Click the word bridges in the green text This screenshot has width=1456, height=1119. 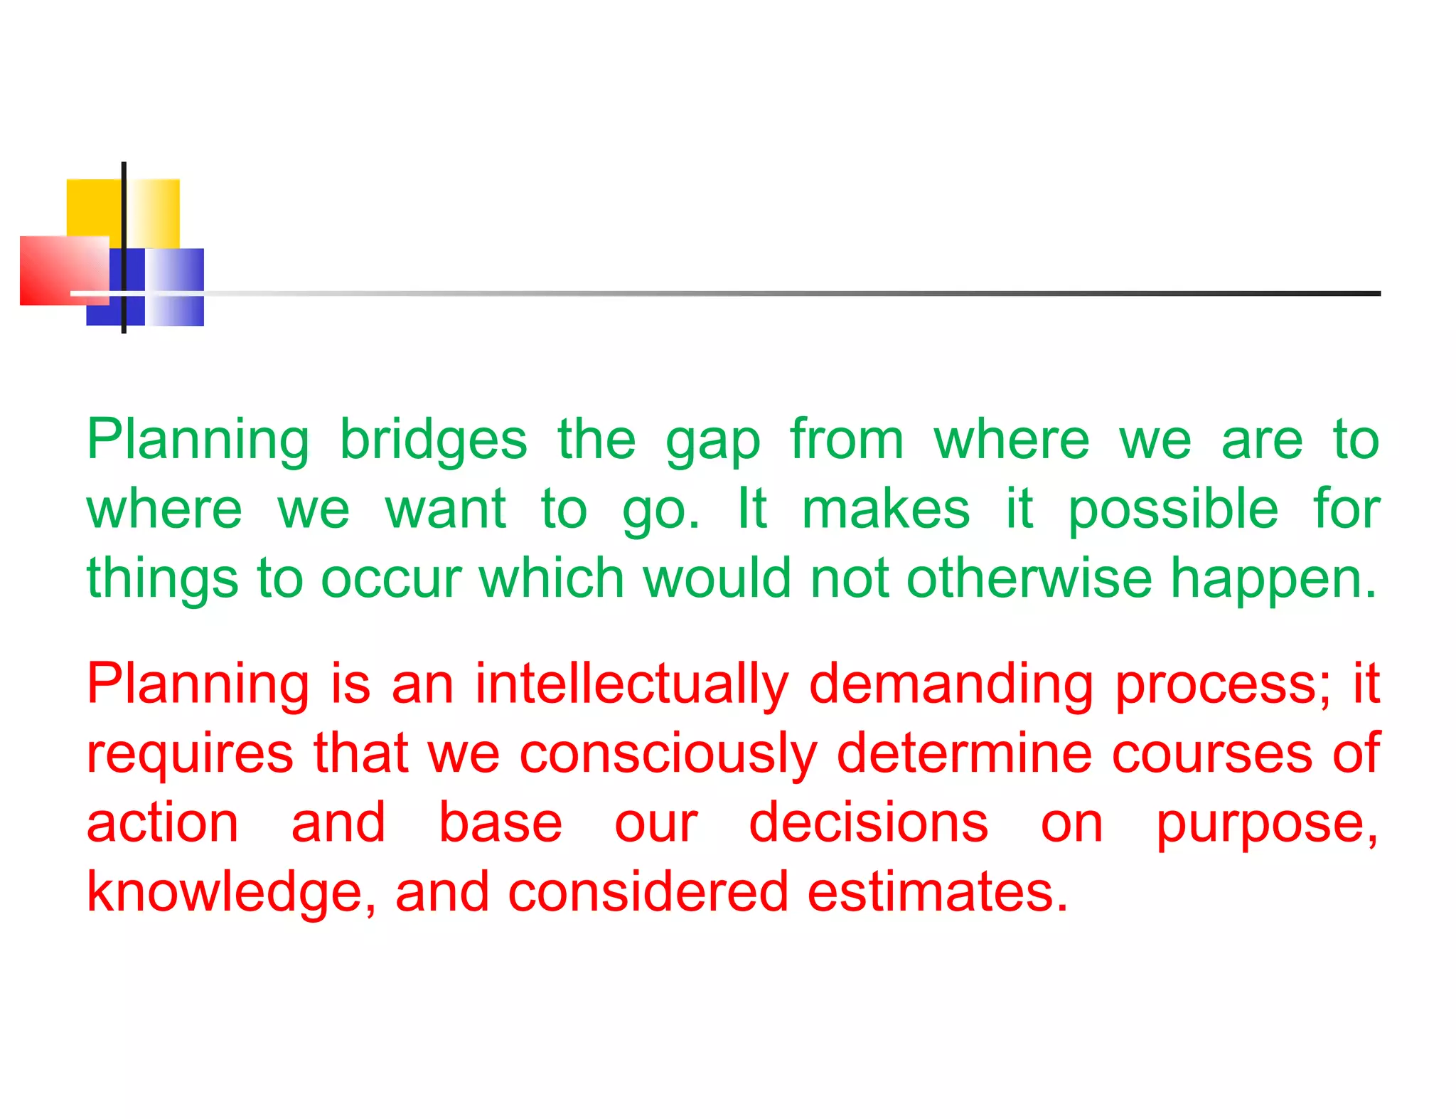click(x=433, y=440)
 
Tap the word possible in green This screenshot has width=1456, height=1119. click(x=1173, y=510)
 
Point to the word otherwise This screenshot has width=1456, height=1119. click(x=1029, y=578)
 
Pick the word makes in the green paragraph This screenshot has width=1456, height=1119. click(x=885, y=509)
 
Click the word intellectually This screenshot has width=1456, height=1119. click(x=632, y=684)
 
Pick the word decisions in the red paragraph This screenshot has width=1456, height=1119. click(x=868, y=822)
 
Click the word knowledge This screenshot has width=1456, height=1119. click(x=231, y=892)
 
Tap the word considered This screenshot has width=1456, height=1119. click(x=648, y=892)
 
